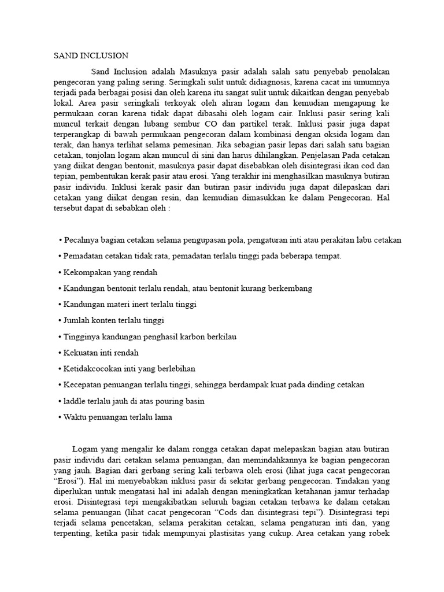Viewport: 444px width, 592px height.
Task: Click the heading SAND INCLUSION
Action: tap(91, 56)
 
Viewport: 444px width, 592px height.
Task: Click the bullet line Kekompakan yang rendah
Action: tap(108, 272)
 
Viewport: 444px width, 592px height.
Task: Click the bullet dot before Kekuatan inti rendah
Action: tap(61, 352)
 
